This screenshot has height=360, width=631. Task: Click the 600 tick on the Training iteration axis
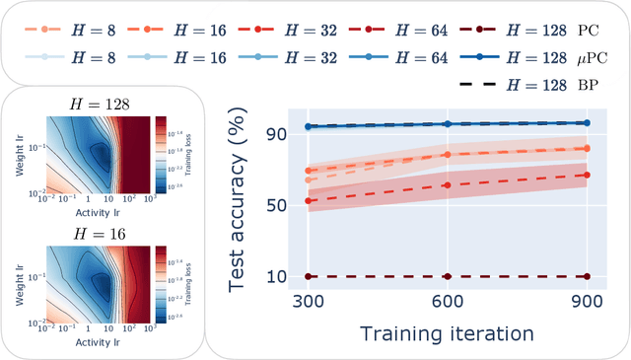pos(448,301)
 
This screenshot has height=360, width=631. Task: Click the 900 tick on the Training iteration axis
pos(588,301)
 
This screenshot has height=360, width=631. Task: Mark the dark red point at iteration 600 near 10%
pos(448,276)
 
